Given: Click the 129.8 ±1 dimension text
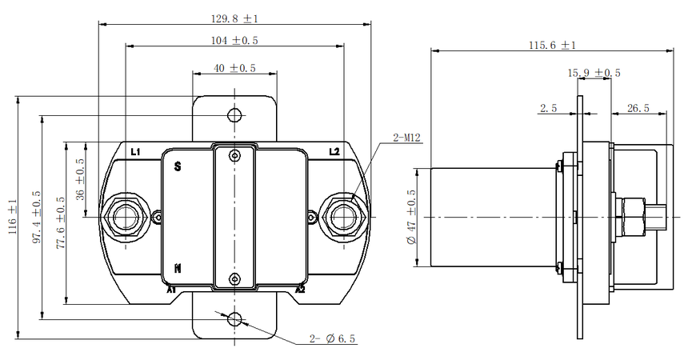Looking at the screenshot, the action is (x=234, y=18).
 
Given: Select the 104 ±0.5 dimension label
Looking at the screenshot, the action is (x=234, y=40).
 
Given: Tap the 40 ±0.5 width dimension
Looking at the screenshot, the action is (x=234, y=68).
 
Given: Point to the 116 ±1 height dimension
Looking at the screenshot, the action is (x=12, y=217).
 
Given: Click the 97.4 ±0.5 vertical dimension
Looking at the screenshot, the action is (x=37, y=217).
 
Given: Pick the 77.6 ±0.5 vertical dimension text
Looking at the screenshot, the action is (x=61, y=222).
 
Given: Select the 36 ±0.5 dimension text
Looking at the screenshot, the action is (x=81, y=179).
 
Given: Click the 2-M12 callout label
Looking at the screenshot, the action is (x=406, y=138).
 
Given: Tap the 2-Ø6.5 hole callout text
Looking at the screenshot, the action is (x=333, y=338).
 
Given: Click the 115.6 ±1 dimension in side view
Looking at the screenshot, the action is (x=552, y=45).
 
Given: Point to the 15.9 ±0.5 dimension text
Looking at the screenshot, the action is (x=594, y=73).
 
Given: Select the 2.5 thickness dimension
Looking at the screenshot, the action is (x=549, y=108).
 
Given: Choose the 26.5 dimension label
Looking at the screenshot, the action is (x=638, y=108).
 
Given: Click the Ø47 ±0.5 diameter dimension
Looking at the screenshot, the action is (x=411, y=218).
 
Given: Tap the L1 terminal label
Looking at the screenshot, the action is (x=135, y=152).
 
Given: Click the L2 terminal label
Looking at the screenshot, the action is (x=334, y=152).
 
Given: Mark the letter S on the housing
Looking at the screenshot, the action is (x=178, y=167).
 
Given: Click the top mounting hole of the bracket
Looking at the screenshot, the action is (x=234, y=115).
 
